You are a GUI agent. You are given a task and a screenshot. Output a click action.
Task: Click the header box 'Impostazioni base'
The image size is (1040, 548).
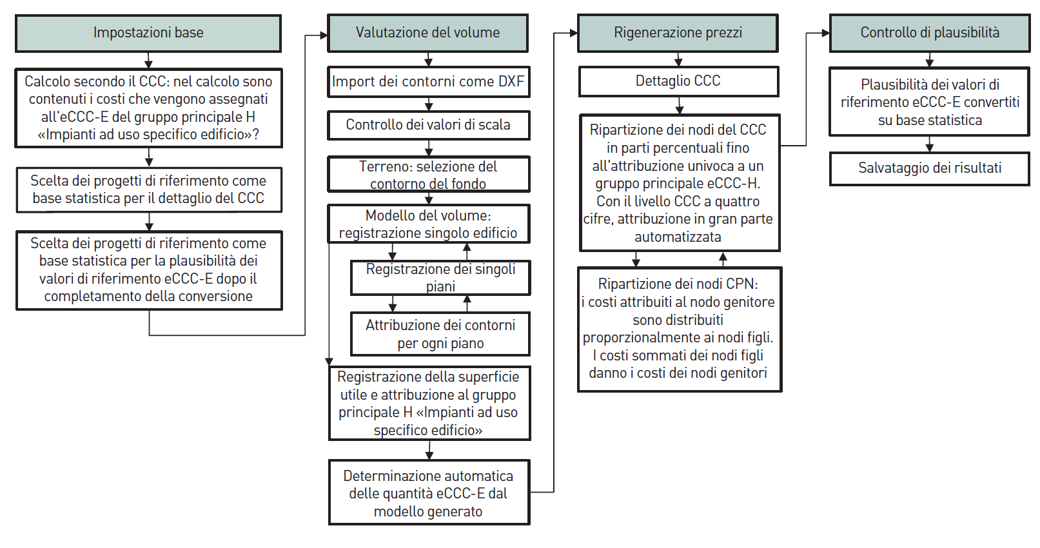tap(148, 33)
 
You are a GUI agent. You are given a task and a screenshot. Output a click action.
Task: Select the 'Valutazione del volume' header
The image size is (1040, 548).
tap(427, 33)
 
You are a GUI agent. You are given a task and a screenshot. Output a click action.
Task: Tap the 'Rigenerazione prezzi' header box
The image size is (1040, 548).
tap(678, 33)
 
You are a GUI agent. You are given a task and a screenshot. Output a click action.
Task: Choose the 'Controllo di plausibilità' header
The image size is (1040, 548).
tap(930, 33)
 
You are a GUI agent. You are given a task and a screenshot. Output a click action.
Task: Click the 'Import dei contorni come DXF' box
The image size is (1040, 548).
tap(429, 82)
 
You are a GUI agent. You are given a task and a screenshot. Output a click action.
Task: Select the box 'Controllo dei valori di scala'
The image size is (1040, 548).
tap(429, 125)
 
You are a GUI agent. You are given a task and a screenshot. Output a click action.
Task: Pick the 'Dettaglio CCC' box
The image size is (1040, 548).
tap(678, 81)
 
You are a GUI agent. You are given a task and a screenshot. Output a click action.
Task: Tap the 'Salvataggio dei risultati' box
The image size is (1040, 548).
tap(930, 168)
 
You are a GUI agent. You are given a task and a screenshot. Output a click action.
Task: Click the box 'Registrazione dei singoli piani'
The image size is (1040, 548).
tap(440, 278)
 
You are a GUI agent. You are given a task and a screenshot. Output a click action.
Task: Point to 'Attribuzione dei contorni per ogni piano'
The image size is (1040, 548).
tap(440, 334)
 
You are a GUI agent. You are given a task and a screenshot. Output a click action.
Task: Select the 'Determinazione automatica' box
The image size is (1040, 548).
tap(429, 493)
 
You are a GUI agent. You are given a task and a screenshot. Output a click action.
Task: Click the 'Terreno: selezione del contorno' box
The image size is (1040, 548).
tap(429, 174)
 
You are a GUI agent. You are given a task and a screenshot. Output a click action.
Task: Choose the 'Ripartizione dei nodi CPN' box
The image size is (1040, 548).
tap(680, 329)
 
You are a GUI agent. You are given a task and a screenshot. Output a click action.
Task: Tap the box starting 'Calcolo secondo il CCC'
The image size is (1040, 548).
tap(148, 108)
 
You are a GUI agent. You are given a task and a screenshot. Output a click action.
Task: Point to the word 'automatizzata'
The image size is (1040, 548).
tap(678, 237)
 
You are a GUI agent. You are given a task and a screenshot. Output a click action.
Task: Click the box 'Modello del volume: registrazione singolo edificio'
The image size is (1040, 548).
tap(429, 224)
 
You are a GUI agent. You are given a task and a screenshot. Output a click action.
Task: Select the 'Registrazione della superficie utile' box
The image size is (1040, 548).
tap(429, 403)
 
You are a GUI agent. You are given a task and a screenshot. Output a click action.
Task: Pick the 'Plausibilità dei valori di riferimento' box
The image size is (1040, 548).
tap(930, 102)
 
